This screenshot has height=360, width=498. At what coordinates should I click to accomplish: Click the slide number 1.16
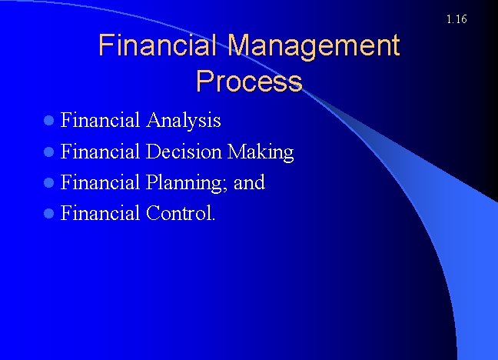tap(456, 18)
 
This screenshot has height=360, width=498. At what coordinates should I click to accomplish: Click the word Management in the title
tap(314, 46)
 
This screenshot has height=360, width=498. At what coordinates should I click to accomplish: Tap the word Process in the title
tap(249, 80)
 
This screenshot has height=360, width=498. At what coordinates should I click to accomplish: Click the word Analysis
tap(183, 121)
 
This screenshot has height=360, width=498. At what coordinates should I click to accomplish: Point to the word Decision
tap(184, 152)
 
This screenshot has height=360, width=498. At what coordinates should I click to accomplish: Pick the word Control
tap(179, 213)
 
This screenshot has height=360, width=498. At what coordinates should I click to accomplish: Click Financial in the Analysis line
tap(100, 121)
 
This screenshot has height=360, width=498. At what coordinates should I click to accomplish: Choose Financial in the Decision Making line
tap(100, 152)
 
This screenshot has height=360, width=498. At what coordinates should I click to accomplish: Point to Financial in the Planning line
tap(100, 182)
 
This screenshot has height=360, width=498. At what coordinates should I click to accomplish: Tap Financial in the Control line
tap(100, 213)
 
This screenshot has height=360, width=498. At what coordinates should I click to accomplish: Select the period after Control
tap(214, 218)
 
